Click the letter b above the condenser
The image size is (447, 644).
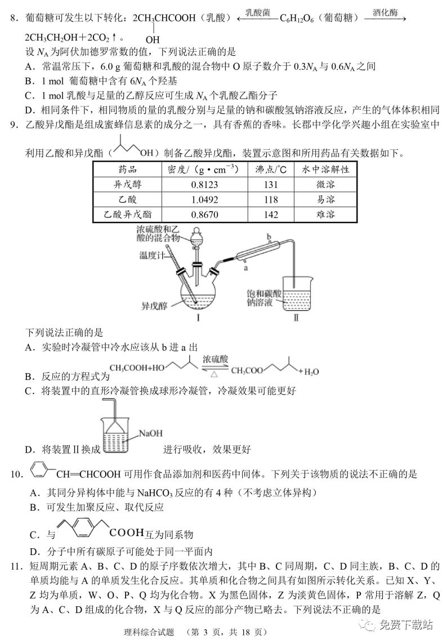click(x=269, y=236)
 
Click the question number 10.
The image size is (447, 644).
click(x=16, y=475)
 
